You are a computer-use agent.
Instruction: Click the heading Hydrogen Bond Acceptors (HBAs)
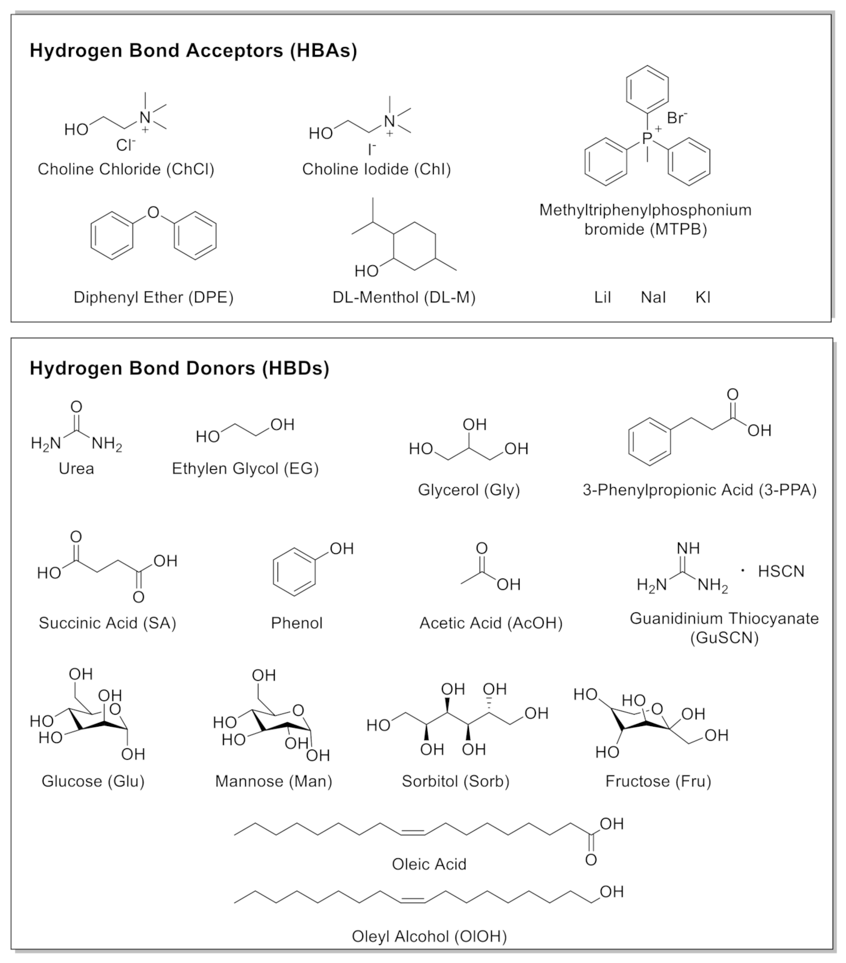193,50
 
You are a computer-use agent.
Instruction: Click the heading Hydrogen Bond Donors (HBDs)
179,368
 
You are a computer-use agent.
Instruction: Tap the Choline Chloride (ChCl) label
126,169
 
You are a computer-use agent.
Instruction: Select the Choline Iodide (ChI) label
376,169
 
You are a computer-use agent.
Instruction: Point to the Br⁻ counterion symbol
677,118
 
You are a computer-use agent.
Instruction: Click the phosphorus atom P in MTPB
647,138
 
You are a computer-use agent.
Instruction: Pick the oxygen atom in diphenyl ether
153,212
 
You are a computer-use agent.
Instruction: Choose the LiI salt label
602,297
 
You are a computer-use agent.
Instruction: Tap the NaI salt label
653,297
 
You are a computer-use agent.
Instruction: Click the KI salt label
703,297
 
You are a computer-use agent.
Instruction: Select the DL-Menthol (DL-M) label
404,297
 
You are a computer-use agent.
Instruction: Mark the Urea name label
76,469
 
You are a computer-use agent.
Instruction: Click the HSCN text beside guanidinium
781,571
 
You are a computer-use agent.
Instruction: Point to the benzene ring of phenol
294,572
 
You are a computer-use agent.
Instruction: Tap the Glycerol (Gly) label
469,490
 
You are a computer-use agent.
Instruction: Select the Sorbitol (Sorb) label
456,781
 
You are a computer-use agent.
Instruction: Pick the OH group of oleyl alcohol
612,892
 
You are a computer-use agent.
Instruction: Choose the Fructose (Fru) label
658,781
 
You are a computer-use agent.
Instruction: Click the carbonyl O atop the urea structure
76,407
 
